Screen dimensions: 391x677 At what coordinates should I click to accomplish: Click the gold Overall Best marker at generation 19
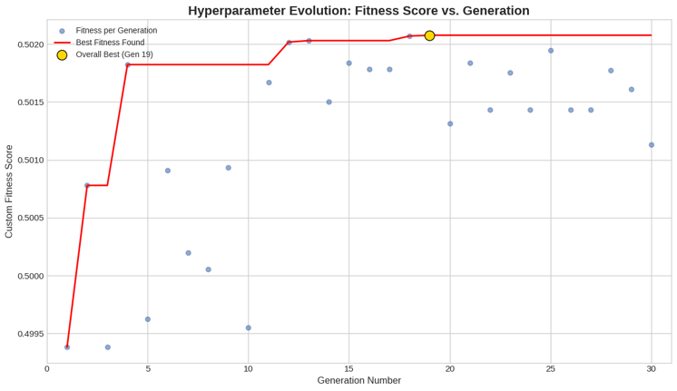coord(429,35)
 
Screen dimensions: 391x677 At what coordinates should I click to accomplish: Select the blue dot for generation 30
coord(652,145)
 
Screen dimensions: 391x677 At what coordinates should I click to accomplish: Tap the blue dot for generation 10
coord(249,328)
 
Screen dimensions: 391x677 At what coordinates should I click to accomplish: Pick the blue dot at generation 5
coord(148,319)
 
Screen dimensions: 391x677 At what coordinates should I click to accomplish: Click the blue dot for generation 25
coord(551,51)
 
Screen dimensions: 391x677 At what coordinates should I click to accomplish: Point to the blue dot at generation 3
coord(108,347)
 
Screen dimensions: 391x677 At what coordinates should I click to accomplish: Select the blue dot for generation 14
coord(329,103)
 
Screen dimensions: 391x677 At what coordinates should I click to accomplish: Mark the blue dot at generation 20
coord(450,124)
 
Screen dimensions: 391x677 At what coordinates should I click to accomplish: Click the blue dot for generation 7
coord(189,253)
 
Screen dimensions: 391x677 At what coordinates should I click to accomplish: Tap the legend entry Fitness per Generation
coord(116,31)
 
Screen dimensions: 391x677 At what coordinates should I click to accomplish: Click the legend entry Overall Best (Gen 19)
coord(114,54)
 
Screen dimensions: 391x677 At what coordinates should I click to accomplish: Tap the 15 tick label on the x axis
coord(349,369)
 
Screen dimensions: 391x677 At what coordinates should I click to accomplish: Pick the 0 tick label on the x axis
coord(47,369)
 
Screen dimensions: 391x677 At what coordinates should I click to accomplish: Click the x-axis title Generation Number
coord(358,381)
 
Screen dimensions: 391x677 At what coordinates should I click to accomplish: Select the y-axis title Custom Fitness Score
coord(9,191)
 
